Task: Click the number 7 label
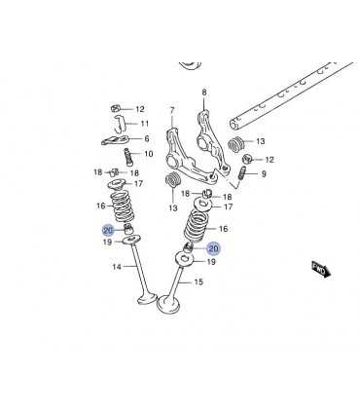[x=172, y=111]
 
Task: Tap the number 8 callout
[x=204, y=93]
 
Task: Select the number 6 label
[x=147, y=139]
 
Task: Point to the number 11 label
[x=145, y=124]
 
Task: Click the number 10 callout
[x=148, y=154]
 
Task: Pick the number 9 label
[x=264, y=174]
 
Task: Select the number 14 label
[x=117, y=267]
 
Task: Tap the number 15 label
[x=198, y=281]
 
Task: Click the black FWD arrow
[x=321, y=269]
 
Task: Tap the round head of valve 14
[x=147, y=298]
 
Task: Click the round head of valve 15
[x=168, y=304]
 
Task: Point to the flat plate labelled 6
[x=115, y=140]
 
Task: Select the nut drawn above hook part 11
[x=117, y=108]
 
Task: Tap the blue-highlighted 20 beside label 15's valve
[x=213, y=248]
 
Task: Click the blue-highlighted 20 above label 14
[x=108, y=230]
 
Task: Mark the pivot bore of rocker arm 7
[x=171, y=160]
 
